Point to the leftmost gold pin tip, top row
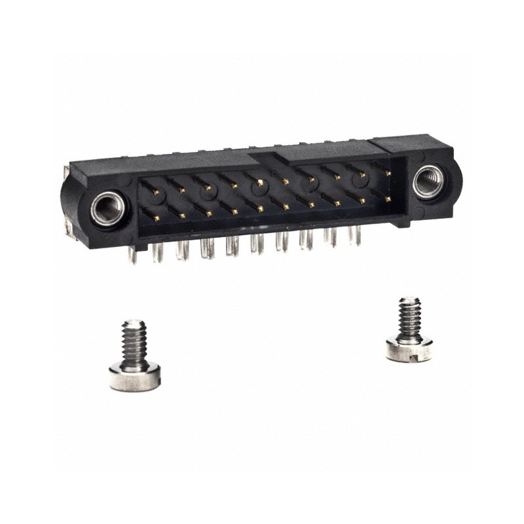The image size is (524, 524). pyautogui.click(x=157, y=192)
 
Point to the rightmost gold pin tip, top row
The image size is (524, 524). pyautogui.click(x=389, y=174)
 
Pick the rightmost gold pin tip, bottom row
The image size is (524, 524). pyautogui.click(x=388, y=198)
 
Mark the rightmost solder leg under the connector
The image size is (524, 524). pyautogui.click(x=358, y=236)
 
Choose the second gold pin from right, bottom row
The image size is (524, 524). pyautogui.click(x=362, y=200)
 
